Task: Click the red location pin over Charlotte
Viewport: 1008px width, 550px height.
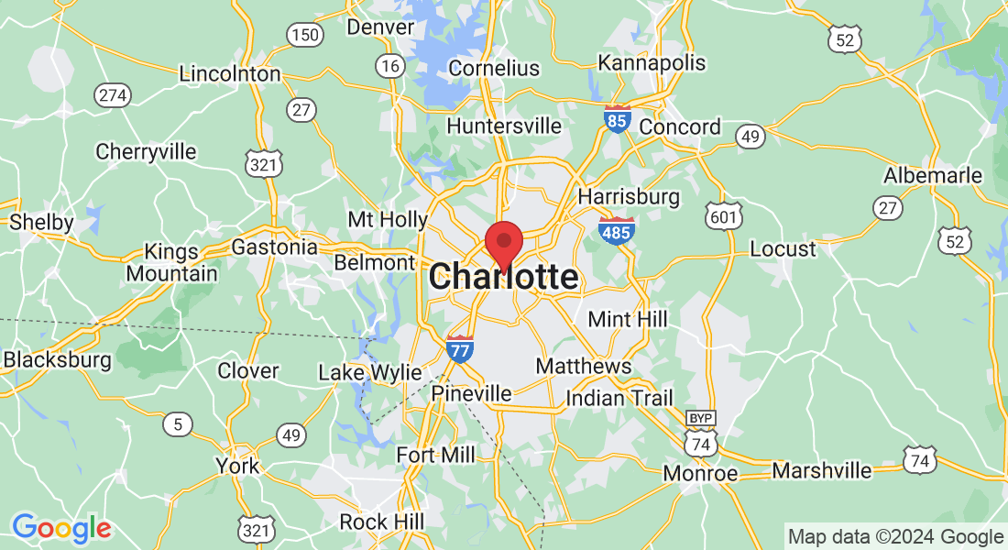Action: [503, 243]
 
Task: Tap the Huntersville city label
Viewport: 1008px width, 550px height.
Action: [504, 126]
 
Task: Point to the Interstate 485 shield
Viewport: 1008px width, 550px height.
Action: [616, 231]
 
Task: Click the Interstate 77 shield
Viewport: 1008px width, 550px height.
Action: [460, 348]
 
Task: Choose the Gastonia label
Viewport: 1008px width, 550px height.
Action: [274, 247]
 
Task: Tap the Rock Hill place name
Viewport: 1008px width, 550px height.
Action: [381, 522]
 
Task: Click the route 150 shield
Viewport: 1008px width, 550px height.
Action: [304, 36]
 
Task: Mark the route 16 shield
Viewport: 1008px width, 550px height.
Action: [390, 65]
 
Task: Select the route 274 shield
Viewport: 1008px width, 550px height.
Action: [114, 94]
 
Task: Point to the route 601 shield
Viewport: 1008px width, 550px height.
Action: [723, 216]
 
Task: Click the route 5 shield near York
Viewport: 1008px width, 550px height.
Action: [177, 423]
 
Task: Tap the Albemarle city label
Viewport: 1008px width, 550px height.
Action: [932, 175]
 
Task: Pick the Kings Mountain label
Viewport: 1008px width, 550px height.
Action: [171, 262]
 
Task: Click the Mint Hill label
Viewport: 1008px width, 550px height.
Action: [628, 320]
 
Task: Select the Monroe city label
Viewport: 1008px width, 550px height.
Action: [701, 473]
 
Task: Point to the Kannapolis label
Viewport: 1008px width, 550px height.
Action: [652, 62]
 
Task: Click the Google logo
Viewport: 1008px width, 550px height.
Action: [60, 527]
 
